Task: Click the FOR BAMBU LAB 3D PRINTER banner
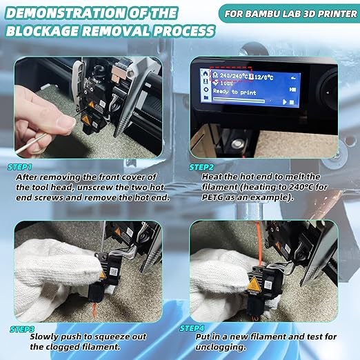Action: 290,14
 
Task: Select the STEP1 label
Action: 20,167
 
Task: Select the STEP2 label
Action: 201,168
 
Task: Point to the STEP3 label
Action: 22,329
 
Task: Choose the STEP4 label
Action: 192,328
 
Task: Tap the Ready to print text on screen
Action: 234,92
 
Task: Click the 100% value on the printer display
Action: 226,83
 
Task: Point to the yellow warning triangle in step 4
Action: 254,283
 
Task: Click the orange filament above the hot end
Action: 259,243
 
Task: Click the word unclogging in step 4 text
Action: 220,347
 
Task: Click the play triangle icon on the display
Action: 285,102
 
